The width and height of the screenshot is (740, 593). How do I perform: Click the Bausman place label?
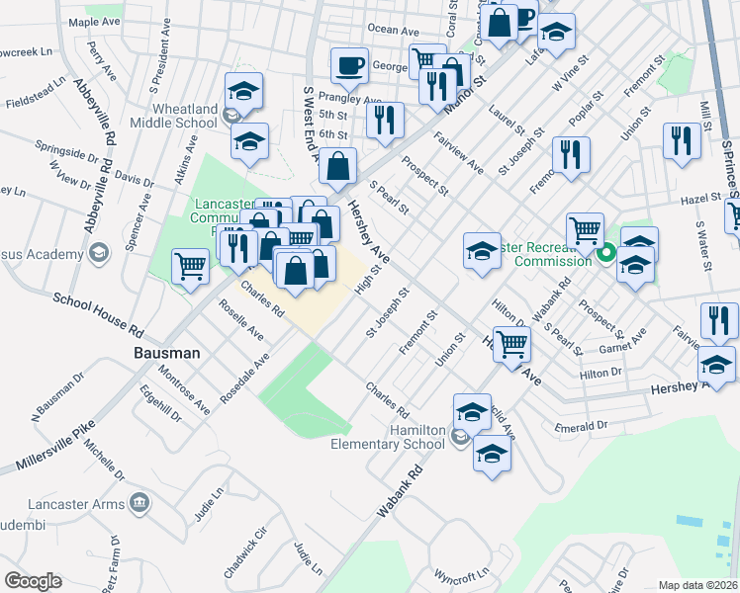[x=167, y=353]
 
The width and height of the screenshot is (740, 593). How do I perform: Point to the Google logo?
[x=33, y=581]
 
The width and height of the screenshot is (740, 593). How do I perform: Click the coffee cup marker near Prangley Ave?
[x=349, y=66]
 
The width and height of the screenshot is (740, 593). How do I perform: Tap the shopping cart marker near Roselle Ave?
[x=190, y=265]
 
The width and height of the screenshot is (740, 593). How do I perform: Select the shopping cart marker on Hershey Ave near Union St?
[x=511, y=344]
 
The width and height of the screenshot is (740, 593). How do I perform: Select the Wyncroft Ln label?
[x=461, y=574]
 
